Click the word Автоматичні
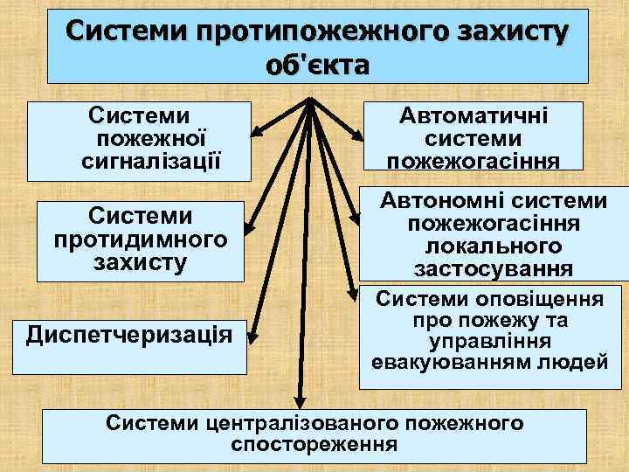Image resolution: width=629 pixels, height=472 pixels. pos(473,116)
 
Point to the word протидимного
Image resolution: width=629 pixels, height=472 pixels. pos(140,239)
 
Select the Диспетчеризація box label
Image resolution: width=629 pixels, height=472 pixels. pos(135,334)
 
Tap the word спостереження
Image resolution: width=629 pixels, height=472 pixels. pos(314,445)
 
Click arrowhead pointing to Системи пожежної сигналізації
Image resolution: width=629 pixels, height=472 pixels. pos(256,135)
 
